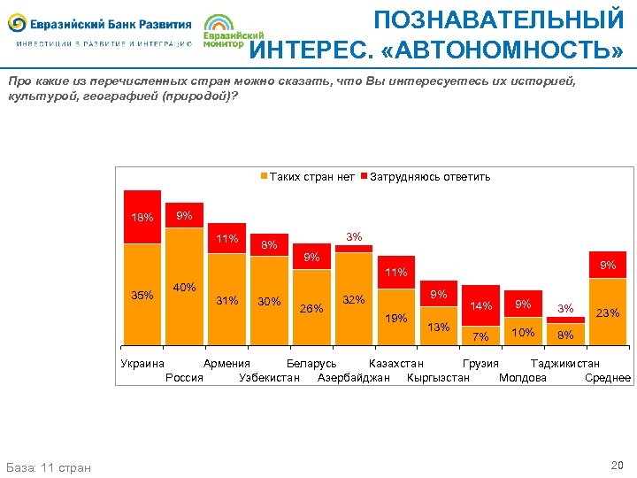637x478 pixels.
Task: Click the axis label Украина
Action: (x=142, y=363)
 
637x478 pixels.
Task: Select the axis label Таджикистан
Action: (x=564, y=363)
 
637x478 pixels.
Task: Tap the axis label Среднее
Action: (x=608, y=378)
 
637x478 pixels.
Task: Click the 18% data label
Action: (x=142, y=217)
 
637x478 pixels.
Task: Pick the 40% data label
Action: (x=184, y=287)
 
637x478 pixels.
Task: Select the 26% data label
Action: (x=311, y=309)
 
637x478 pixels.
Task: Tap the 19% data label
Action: (x=395, y=317)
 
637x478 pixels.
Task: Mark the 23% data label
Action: (x=608, y=312)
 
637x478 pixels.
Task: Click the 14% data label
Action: (x=480, y=305)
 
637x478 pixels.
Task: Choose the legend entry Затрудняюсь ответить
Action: (x=429, y=176)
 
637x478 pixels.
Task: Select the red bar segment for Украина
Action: (x=142, y=217)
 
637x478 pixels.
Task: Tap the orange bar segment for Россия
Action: (x=184, y=292)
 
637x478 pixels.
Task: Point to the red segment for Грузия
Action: (x=480, y=306)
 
